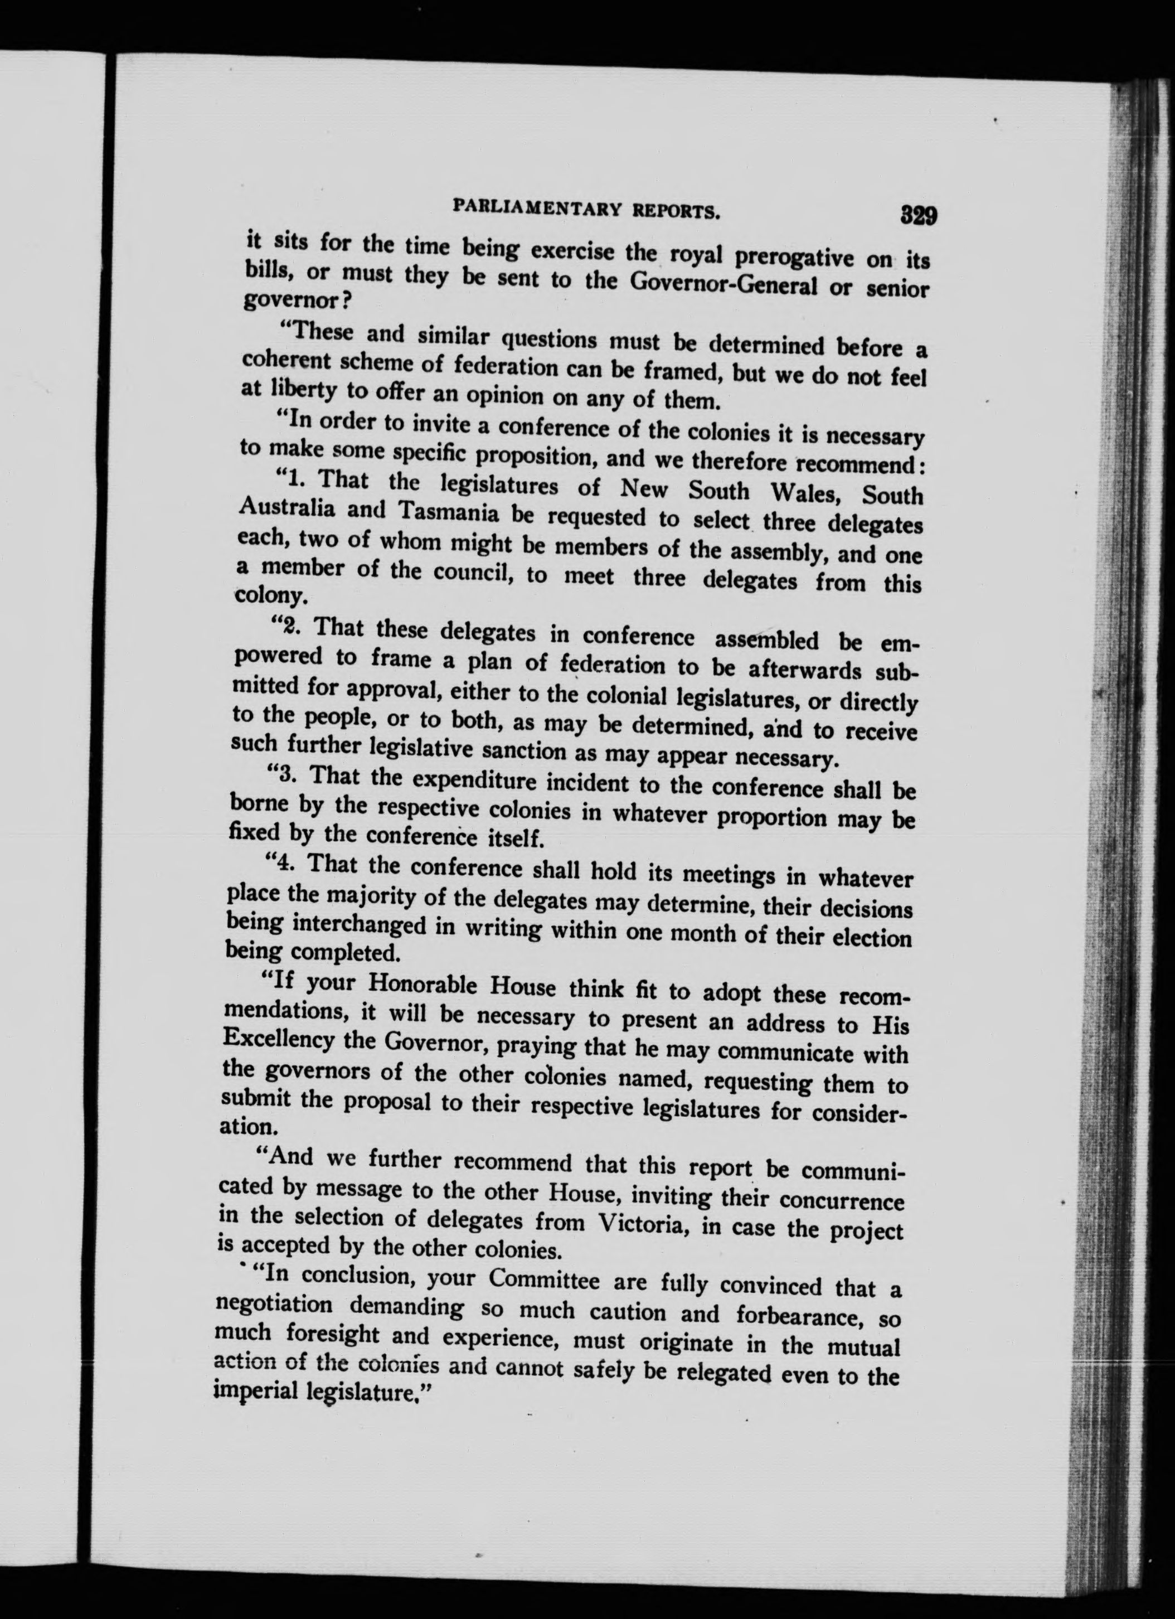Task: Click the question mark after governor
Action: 343,300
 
